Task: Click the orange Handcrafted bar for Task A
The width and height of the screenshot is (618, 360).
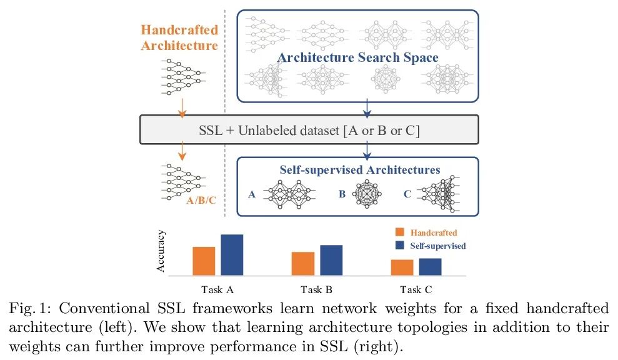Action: (204, 261)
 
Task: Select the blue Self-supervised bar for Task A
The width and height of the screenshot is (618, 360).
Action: (231, 255)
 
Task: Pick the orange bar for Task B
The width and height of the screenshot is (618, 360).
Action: (303, 264)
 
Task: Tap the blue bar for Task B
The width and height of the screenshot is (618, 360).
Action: (331, 260)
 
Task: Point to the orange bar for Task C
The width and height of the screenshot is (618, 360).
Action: (402, 267)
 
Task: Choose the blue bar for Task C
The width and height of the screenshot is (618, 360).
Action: (430, 267)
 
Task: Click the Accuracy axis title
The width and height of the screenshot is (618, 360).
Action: (161, 251)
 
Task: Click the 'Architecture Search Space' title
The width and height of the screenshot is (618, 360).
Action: (357, 58)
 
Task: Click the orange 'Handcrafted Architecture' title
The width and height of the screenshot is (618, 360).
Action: (179, 37)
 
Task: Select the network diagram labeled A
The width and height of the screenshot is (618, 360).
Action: (289, 194)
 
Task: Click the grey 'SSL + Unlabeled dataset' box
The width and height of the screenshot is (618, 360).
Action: (309, 130)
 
